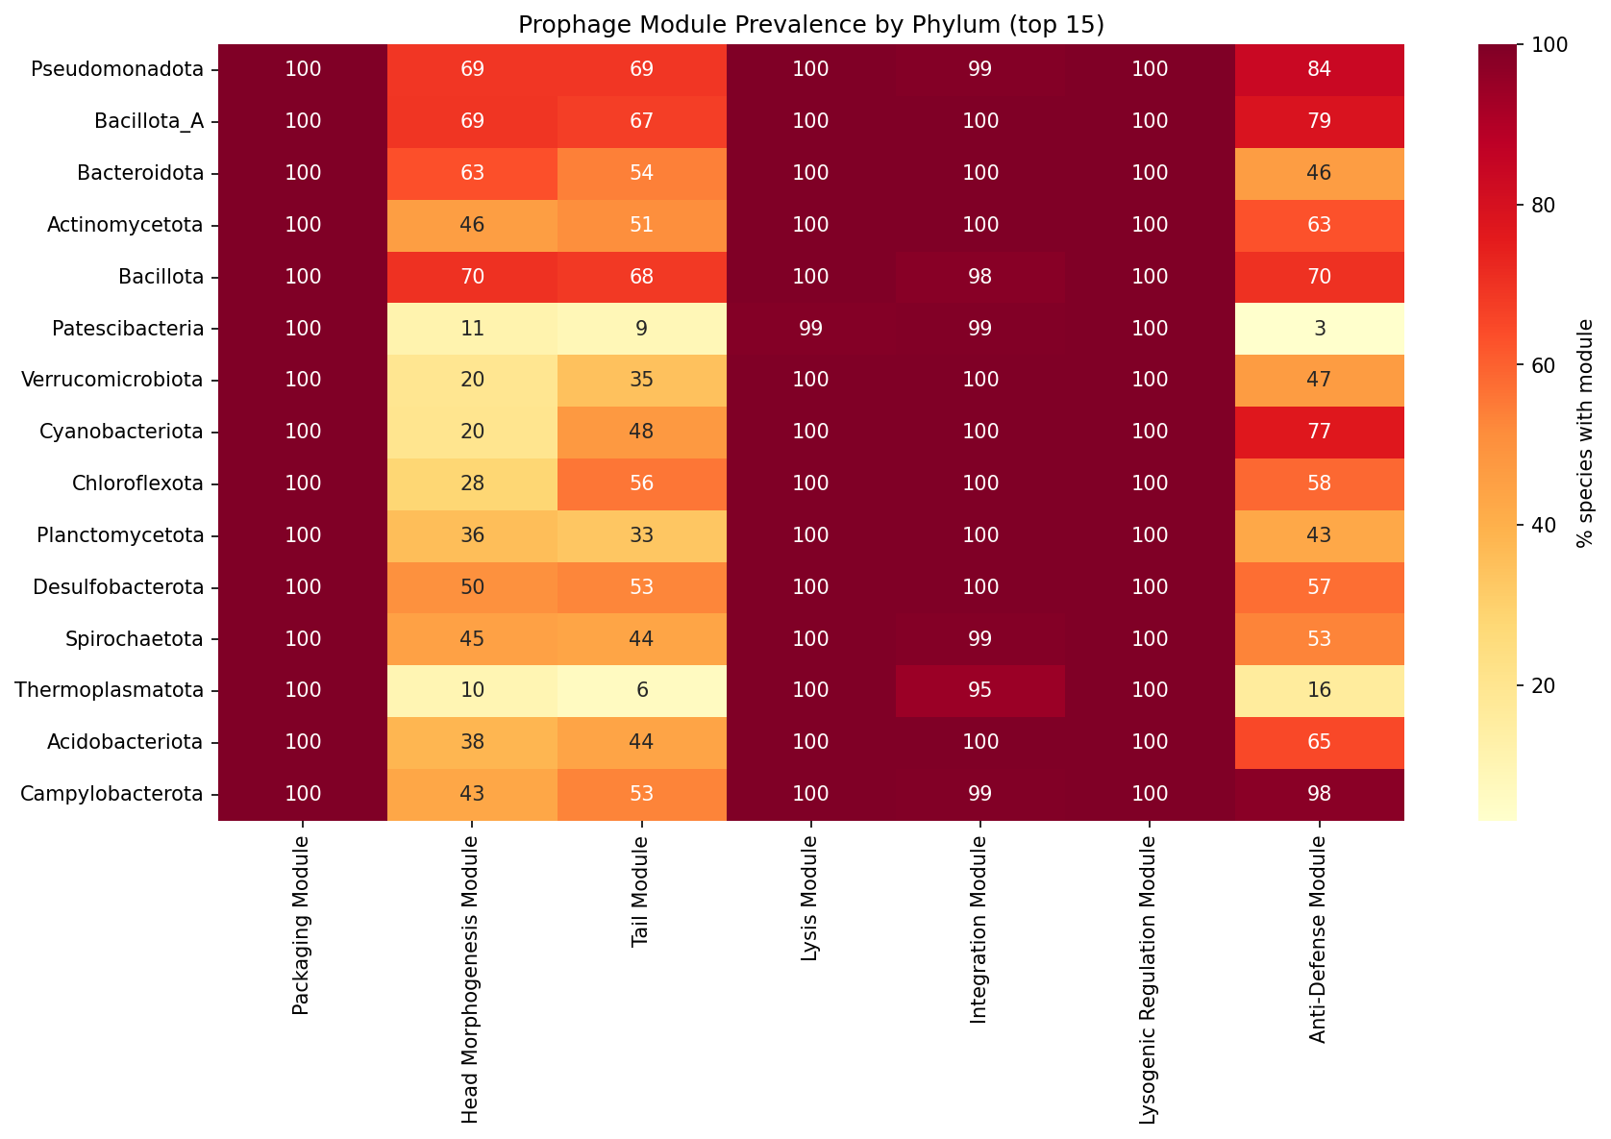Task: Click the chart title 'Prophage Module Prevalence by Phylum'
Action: pos(810,25)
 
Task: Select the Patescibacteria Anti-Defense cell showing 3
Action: pos(1319,329)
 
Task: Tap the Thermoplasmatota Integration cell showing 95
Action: pos(980,690)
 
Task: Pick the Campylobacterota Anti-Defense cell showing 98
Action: pos(1319,794)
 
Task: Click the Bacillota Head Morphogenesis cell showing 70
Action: pos(472,277)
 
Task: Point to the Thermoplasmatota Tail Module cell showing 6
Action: pos(641,690)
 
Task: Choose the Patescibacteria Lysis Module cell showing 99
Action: pos(810,329)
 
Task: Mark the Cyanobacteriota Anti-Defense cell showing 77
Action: pos(1319,432)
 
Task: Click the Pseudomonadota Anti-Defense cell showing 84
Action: pos(1319,69)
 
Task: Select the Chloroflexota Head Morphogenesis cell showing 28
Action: pos(472,483)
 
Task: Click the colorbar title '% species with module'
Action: pos(1586,433)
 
